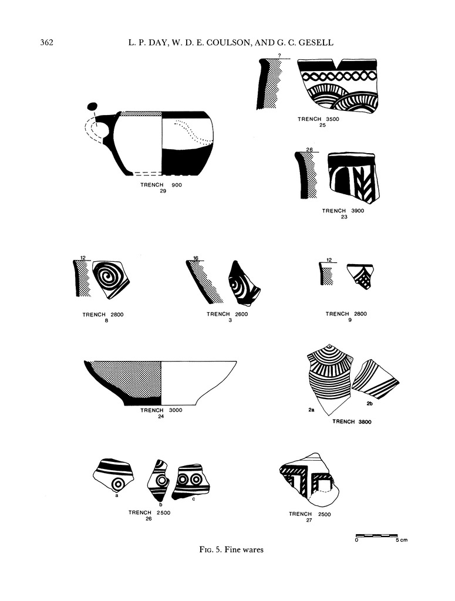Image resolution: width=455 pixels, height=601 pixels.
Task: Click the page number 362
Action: [x=47, y=42]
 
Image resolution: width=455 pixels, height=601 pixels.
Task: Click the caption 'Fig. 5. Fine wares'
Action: [x=231, y=549]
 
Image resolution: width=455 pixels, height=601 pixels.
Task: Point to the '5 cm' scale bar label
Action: [x=402, y=540]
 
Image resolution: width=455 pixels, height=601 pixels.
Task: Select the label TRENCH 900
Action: [x=161, y=185]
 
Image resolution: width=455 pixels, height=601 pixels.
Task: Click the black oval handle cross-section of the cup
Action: [x=92, y=106]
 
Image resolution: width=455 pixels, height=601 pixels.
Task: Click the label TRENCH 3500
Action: [x=318, y=119]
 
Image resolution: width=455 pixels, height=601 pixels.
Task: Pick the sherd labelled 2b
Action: [x=376, y=379]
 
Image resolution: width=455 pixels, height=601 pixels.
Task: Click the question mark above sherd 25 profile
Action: [x=279, y=56]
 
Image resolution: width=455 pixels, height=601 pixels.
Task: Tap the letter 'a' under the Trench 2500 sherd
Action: [x=116, y=495]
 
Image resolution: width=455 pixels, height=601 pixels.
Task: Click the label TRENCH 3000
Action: [x=161, y=410]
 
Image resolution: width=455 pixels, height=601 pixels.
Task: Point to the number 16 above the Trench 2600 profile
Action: [x=196, y=258]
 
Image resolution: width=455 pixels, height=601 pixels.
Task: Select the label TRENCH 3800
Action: [x=352, y=421]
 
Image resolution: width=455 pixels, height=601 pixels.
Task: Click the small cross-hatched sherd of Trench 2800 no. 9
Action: [x=360, y=276]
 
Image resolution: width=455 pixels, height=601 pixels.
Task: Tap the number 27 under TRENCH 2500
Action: [x=309, y=520]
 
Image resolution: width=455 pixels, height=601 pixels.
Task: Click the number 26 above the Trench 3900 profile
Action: [x=309, y=150]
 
